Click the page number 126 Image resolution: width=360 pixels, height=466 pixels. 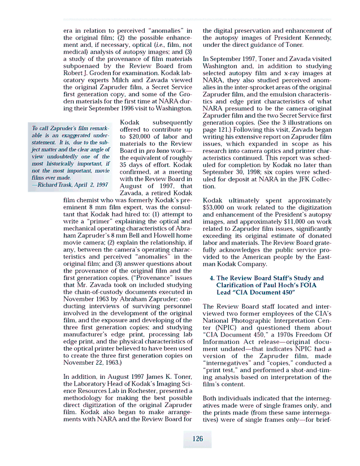[197, 439]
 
